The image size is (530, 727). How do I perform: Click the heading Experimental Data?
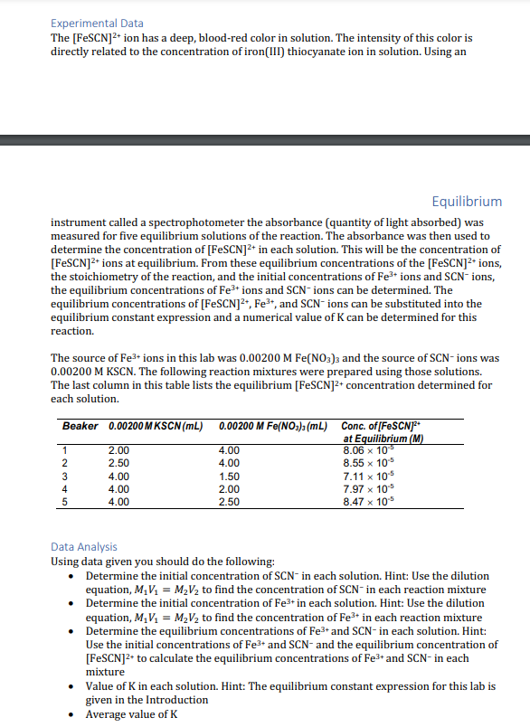pyautogui.click(x=97, y=23)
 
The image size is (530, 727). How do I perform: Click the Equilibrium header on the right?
pyautogui.click(x=467, y=201)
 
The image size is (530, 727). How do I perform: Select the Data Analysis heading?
pyautogui.click(x=84, y=546)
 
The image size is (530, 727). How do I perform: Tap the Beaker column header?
pyautogui.click(x=80, y=425)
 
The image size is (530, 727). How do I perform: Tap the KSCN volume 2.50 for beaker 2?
pyautogui.click(x=118, y=462)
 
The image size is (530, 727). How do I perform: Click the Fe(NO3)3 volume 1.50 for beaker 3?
pyautogui.click(x=230, y=475)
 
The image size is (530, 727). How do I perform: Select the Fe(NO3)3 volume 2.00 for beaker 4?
pyautogui.click(x=230, y=487)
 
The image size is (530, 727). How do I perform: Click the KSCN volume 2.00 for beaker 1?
pyautogui.click(x=118, y=449)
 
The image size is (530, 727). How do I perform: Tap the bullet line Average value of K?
pyautogui.click(x=131, y=714)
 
